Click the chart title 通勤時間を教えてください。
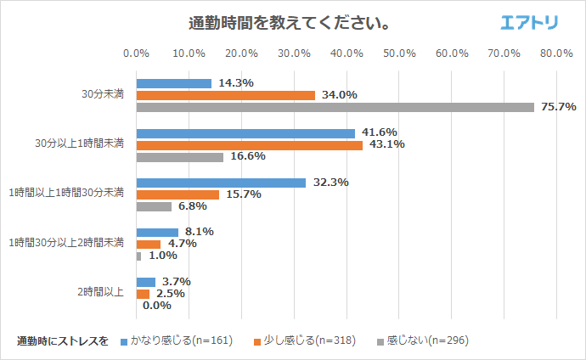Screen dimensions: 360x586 coord(289,23)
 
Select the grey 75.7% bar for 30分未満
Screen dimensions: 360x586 coord(335,107)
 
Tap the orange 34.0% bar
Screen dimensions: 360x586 coord(225,95)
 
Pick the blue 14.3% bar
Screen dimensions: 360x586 coord(173,83)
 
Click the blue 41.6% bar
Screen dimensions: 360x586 coord(245,133)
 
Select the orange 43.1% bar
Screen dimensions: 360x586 coord(249,145)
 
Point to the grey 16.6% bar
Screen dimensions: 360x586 coord(179,157)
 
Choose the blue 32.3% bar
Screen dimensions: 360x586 coord(221,183)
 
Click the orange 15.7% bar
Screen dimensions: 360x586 coord(177,194)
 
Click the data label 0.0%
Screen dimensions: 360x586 coord(157,305)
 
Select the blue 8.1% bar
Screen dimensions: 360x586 coord(157,232)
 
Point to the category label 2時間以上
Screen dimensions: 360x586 coord(101,292)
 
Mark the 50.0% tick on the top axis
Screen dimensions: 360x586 coord(398,53)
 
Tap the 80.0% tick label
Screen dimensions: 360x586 coord(555,53)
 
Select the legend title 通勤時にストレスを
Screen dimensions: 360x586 coord(63,341)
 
